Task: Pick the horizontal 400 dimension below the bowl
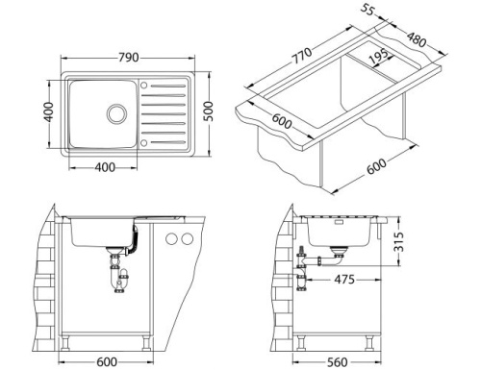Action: [105, 168]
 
